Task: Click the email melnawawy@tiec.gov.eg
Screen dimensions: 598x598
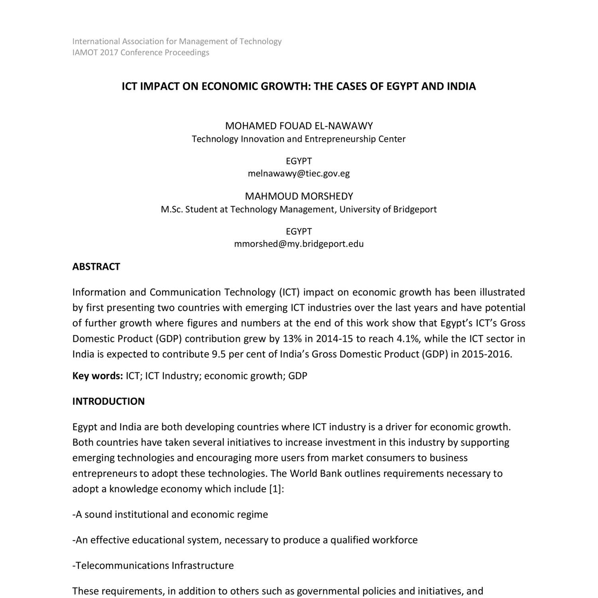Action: click(299, 173)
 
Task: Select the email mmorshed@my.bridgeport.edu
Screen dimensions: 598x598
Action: click(299, 244)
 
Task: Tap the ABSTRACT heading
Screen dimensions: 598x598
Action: click(96, 267)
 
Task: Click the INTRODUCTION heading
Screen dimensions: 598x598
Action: click(108, 401)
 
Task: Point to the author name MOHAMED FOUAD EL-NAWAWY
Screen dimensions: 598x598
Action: click(299, 126)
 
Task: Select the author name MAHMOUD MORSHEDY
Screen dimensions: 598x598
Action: click(299, 196)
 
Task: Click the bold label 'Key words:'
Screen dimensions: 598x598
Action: click(97, 376)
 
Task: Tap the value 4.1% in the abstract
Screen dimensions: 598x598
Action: click(408, 339)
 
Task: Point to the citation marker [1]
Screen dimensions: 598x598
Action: click(275, 489)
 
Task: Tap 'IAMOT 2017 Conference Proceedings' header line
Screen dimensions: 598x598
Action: click(141, 53)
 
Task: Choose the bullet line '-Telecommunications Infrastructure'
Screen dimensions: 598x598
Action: click(153, 565)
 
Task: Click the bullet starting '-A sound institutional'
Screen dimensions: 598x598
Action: click(170, 514)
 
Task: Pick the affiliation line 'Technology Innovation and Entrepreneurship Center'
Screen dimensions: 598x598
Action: click(299, 139)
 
